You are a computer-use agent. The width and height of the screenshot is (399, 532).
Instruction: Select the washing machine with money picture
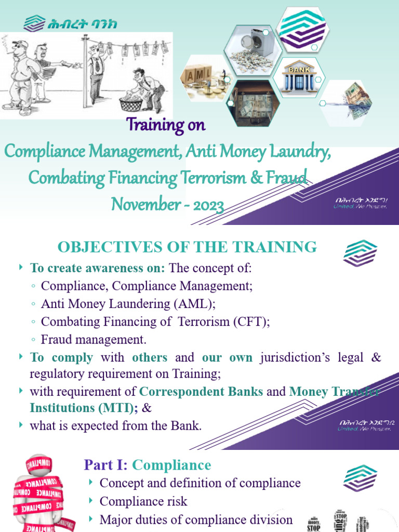[x=251, y=46]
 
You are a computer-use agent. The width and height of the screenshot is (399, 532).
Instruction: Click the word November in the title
[x=143, y=205]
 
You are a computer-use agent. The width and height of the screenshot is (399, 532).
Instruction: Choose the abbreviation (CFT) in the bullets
[x=250, y=322]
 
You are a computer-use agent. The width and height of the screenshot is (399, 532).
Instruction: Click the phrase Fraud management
[x=94, y=340]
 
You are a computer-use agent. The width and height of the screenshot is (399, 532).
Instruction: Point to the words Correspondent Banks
[x=202, y=392]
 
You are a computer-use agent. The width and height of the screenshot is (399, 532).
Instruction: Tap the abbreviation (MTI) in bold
[x=119, y=408]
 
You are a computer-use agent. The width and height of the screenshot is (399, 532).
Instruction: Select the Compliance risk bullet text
[x=143, y=501]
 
